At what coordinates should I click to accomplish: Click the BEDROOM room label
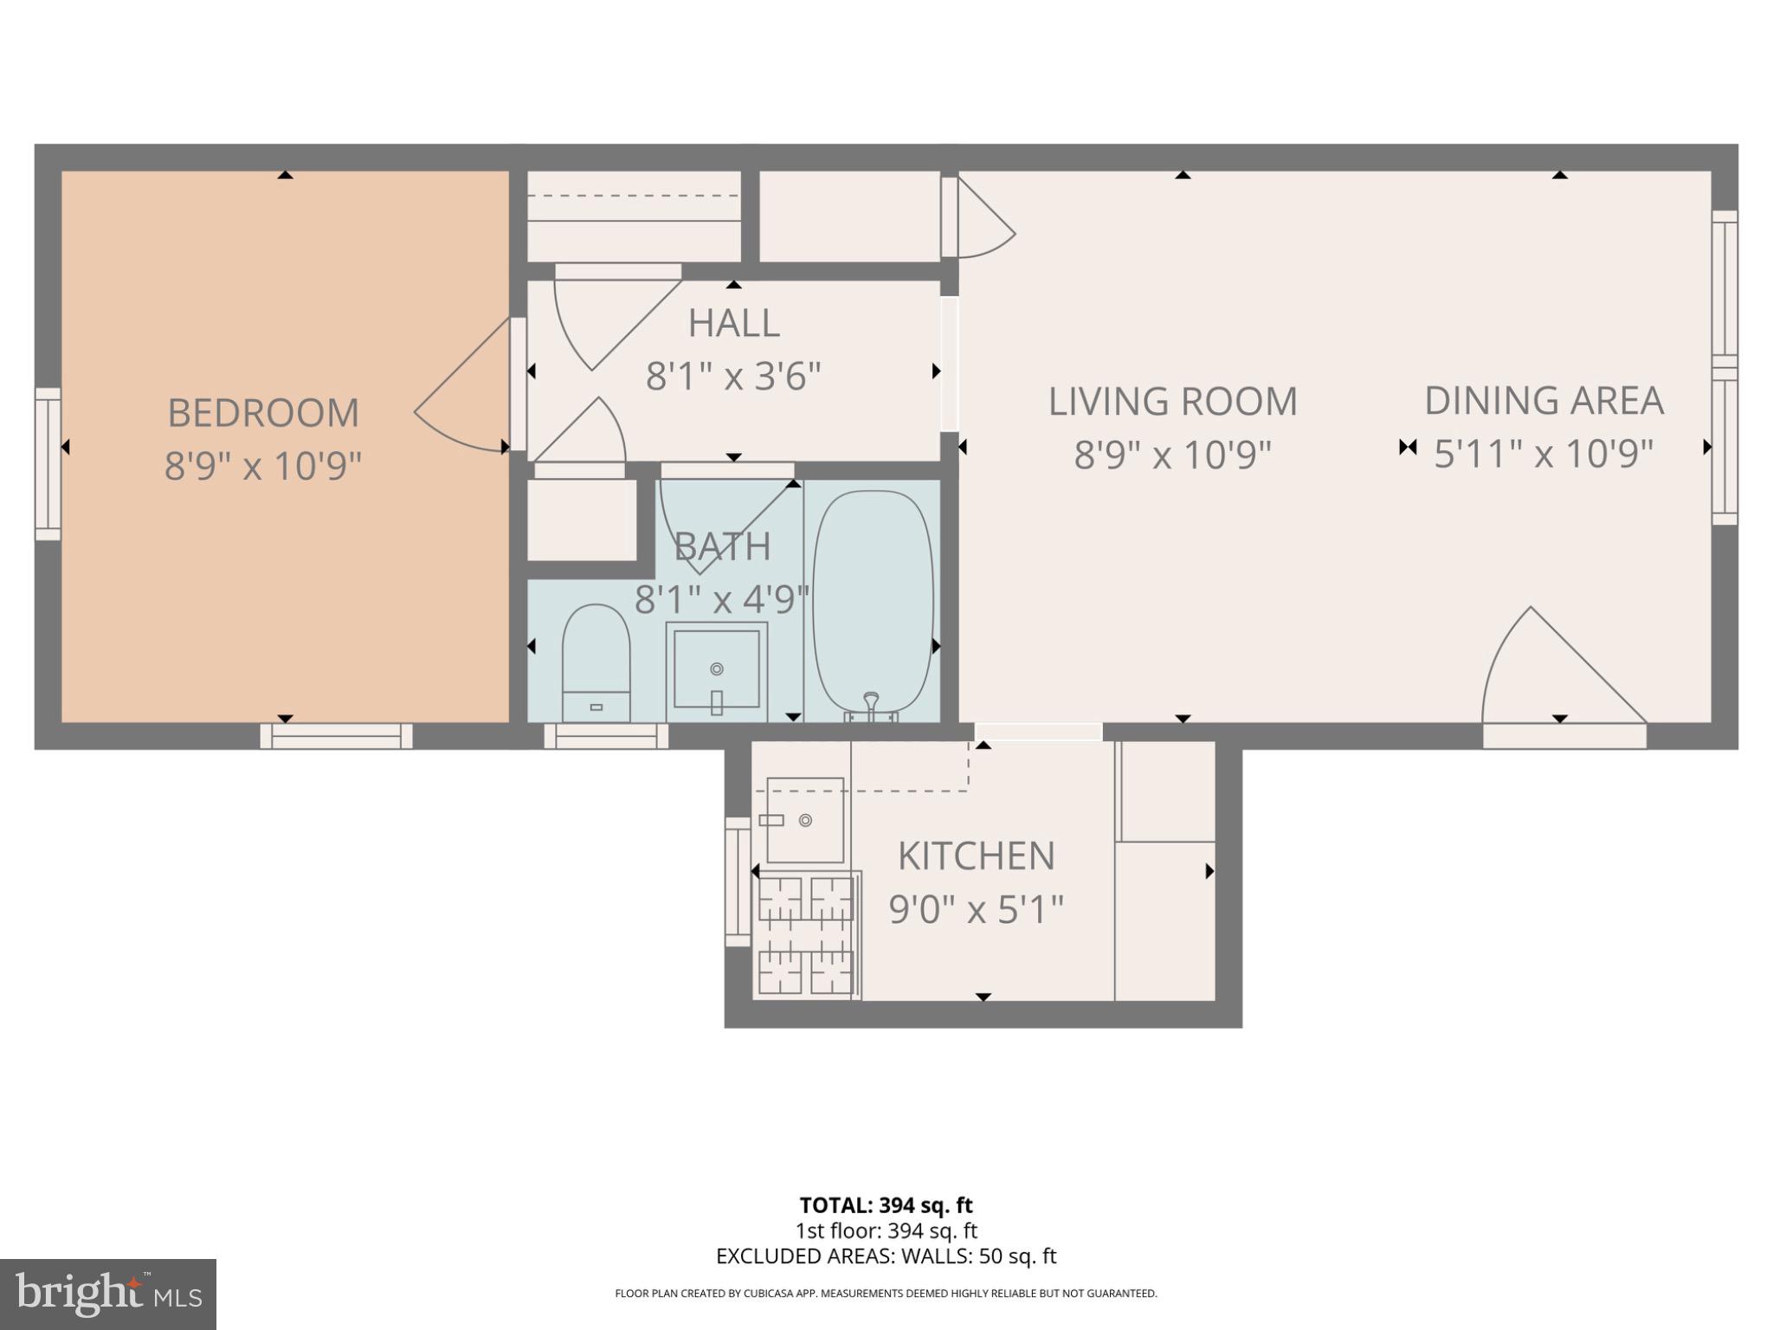(x=263, y=413)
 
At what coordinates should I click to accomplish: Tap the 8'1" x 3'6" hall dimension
(x=733, y=377)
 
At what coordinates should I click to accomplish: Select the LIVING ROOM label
(x=1173, y=402)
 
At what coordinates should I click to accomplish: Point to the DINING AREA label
(x=1544, y=401)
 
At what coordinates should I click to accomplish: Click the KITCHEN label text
(x=977, y=856)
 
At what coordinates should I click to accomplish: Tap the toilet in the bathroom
(x=596, y=662)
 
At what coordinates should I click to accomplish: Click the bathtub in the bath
(x=873, y=601)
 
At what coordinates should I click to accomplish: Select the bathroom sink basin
(x=717, y=668)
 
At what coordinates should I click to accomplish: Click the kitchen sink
(x=804, y=819)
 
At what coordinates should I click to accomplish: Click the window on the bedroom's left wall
(x=48, y=464)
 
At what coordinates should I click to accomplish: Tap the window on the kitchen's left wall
(x=738, y=881)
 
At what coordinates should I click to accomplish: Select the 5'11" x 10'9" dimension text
(x=1544, y=454)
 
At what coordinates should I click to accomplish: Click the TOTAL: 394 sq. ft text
(x=886, y=1205)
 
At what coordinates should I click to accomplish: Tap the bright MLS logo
(x=108, y=1294)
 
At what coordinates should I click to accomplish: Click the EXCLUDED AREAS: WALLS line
(x=886, y=1256)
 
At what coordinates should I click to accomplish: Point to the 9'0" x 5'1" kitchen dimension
(x=977, y=910)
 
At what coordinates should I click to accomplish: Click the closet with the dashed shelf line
(x=634, y=216)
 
